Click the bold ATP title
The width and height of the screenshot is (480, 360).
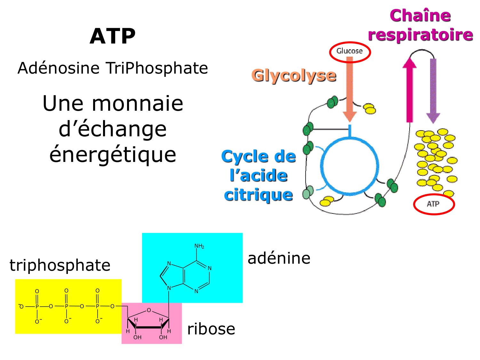113,36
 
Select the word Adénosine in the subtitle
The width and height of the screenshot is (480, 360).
59,68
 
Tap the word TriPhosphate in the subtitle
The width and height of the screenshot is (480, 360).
157,68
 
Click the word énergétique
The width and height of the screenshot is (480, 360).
113,154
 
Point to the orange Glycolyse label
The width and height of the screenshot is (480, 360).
294,76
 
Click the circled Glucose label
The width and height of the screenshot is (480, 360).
349,51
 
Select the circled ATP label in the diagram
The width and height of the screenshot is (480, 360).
433,204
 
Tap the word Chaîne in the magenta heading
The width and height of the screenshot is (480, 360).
420,16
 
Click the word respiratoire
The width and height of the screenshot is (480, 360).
420,35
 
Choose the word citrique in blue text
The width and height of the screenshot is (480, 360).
259,195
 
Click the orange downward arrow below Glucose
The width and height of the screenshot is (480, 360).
350,90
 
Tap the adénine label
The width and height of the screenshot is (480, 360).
279,258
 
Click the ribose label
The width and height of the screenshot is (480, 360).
211,329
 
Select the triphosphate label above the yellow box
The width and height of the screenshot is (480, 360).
60,265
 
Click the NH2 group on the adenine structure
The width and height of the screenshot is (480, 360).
199,246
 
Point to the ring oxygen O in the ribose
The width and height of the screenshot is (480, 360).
149,310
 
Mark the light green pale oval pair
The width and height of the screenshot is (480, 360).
308,192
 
